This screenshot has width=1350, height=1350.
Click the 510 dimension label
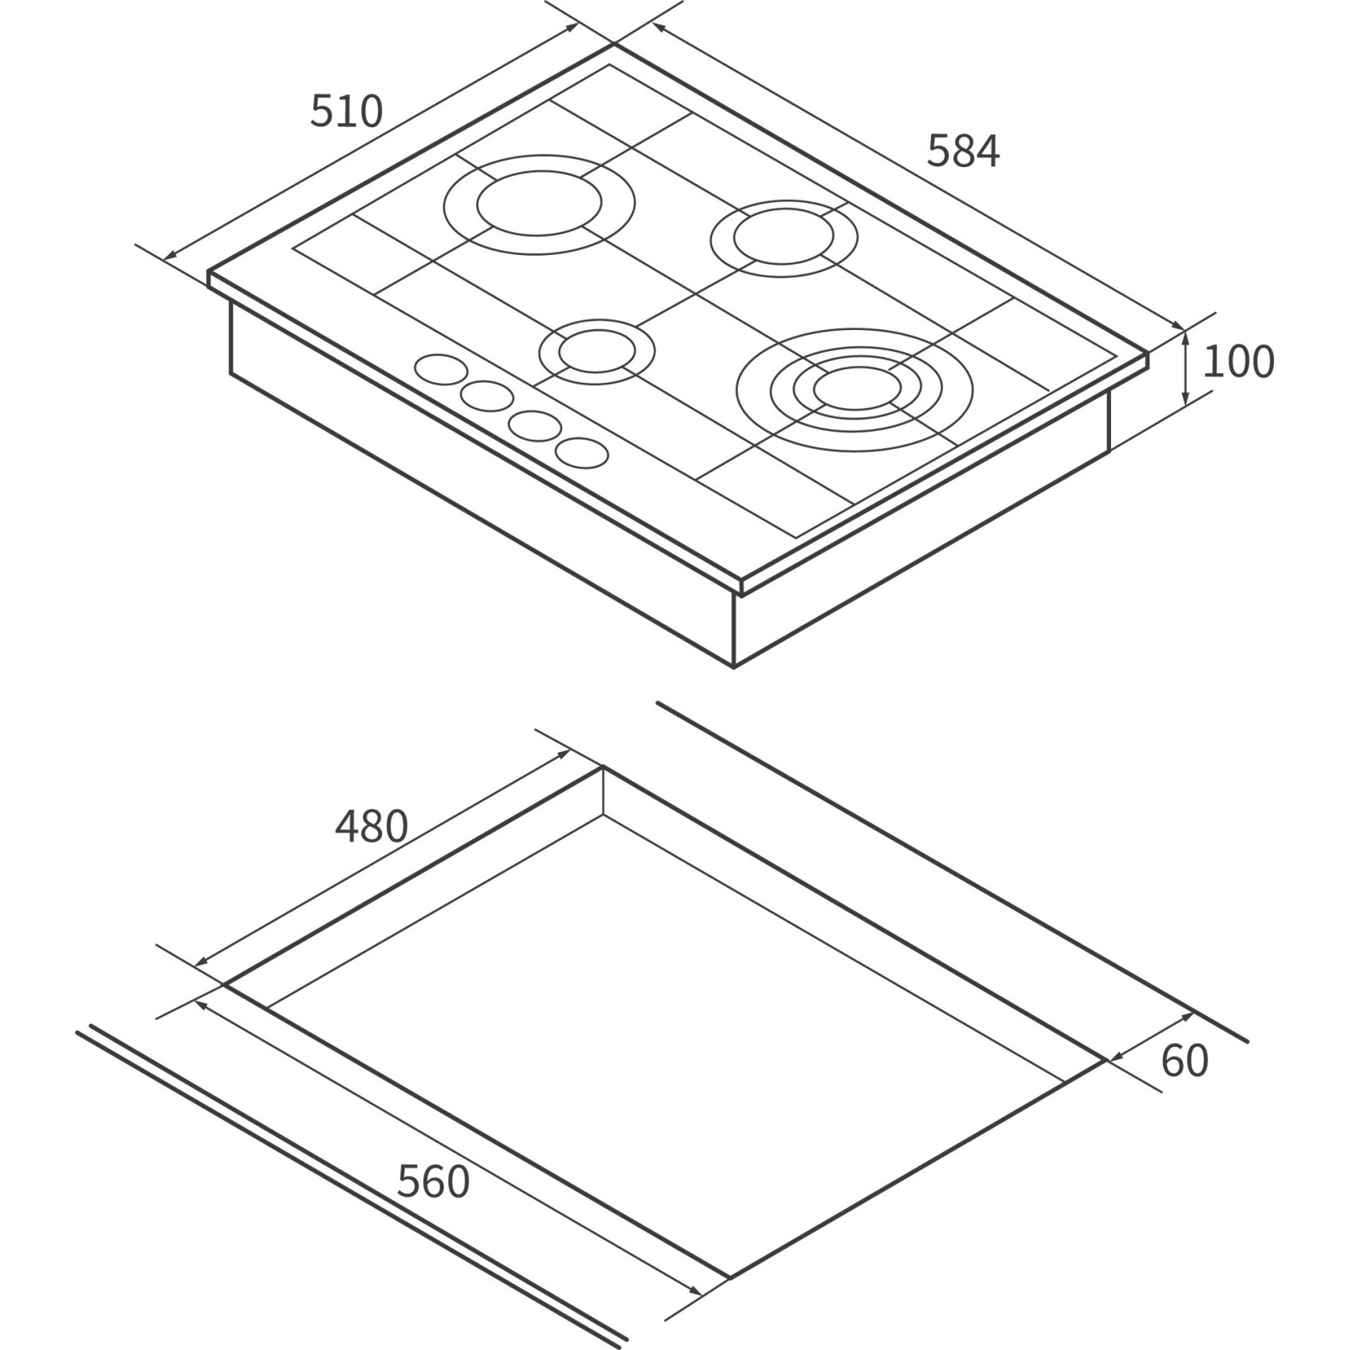click(x=346, y=111)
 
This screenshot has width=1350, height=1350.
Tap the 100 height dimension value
click(x=1237, y=361)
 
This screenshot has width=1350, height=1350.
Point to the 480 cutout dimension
click(x=371, y=826)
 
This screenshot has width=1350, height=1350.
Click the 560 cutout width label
click(x=433, y=1182)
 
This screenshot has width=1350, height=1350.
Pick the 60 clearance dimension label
click(x=1185, y=1061)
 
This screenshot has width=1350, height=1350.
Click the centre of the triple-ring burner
click(x=856, y=388)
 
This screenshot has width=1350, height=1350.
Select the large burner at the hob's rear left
click(x=540, y=205)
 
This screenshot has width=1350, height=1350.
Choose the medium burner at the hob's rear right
click(x=784, y=237)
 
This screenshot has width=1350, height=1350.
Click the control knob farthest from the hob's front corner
click(x=441, y=369)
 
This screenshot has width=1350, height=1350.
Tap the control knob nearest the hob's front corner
click(x=582, y=453)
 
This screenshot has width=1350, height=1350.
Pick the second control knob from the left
click(x=487, y=396)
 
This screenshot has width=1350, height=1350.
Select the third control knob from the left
click(x=535, y=424)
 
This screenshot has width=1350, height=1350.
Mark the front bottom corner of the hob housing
click(x=734, y=667)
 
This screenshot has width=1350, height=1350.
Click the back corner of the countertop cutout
click(x=603, y=767)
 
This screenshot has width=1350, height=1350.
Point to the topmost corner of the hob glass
click(x=614, y=45)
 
